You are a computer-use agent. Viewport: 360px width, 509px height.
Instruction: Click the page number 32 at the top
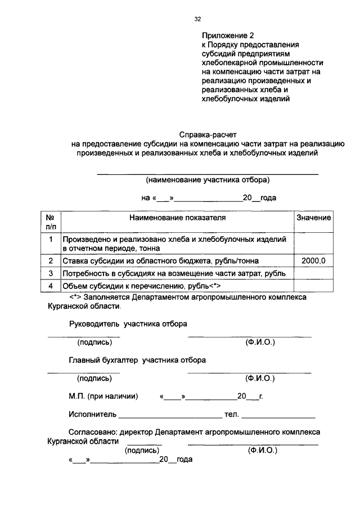(197, 19)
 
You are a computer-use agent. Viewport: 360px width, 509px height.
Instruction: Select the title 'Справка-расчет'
(209, 135)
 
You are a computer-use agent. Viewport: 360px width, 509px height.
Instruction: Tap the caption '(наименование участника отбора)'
(208, 180)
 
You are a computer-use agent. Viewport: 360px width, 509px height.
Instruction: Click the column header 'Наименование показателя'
(177, 217)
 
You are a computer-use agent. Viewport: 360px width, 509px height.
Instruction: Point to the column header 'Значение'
(313, 217)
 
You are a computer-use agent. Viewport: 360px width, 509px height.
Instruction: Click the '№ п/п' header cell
(50, 222)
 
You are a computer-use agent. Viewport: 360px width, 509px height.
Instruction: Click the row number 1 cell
(50, 240)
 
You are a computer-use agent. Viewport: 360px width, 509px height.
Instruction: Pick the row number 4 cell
(50, 285)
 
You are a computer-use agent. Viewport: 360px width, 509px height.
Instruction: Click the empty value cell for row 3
(313, 273)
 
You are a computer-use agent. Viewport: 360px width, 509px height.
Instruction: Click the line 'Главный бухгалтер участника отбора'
(137, 359)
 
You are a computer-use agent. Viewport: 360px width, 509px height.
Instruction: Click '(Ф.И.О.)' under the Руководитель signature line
(256, 342)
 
